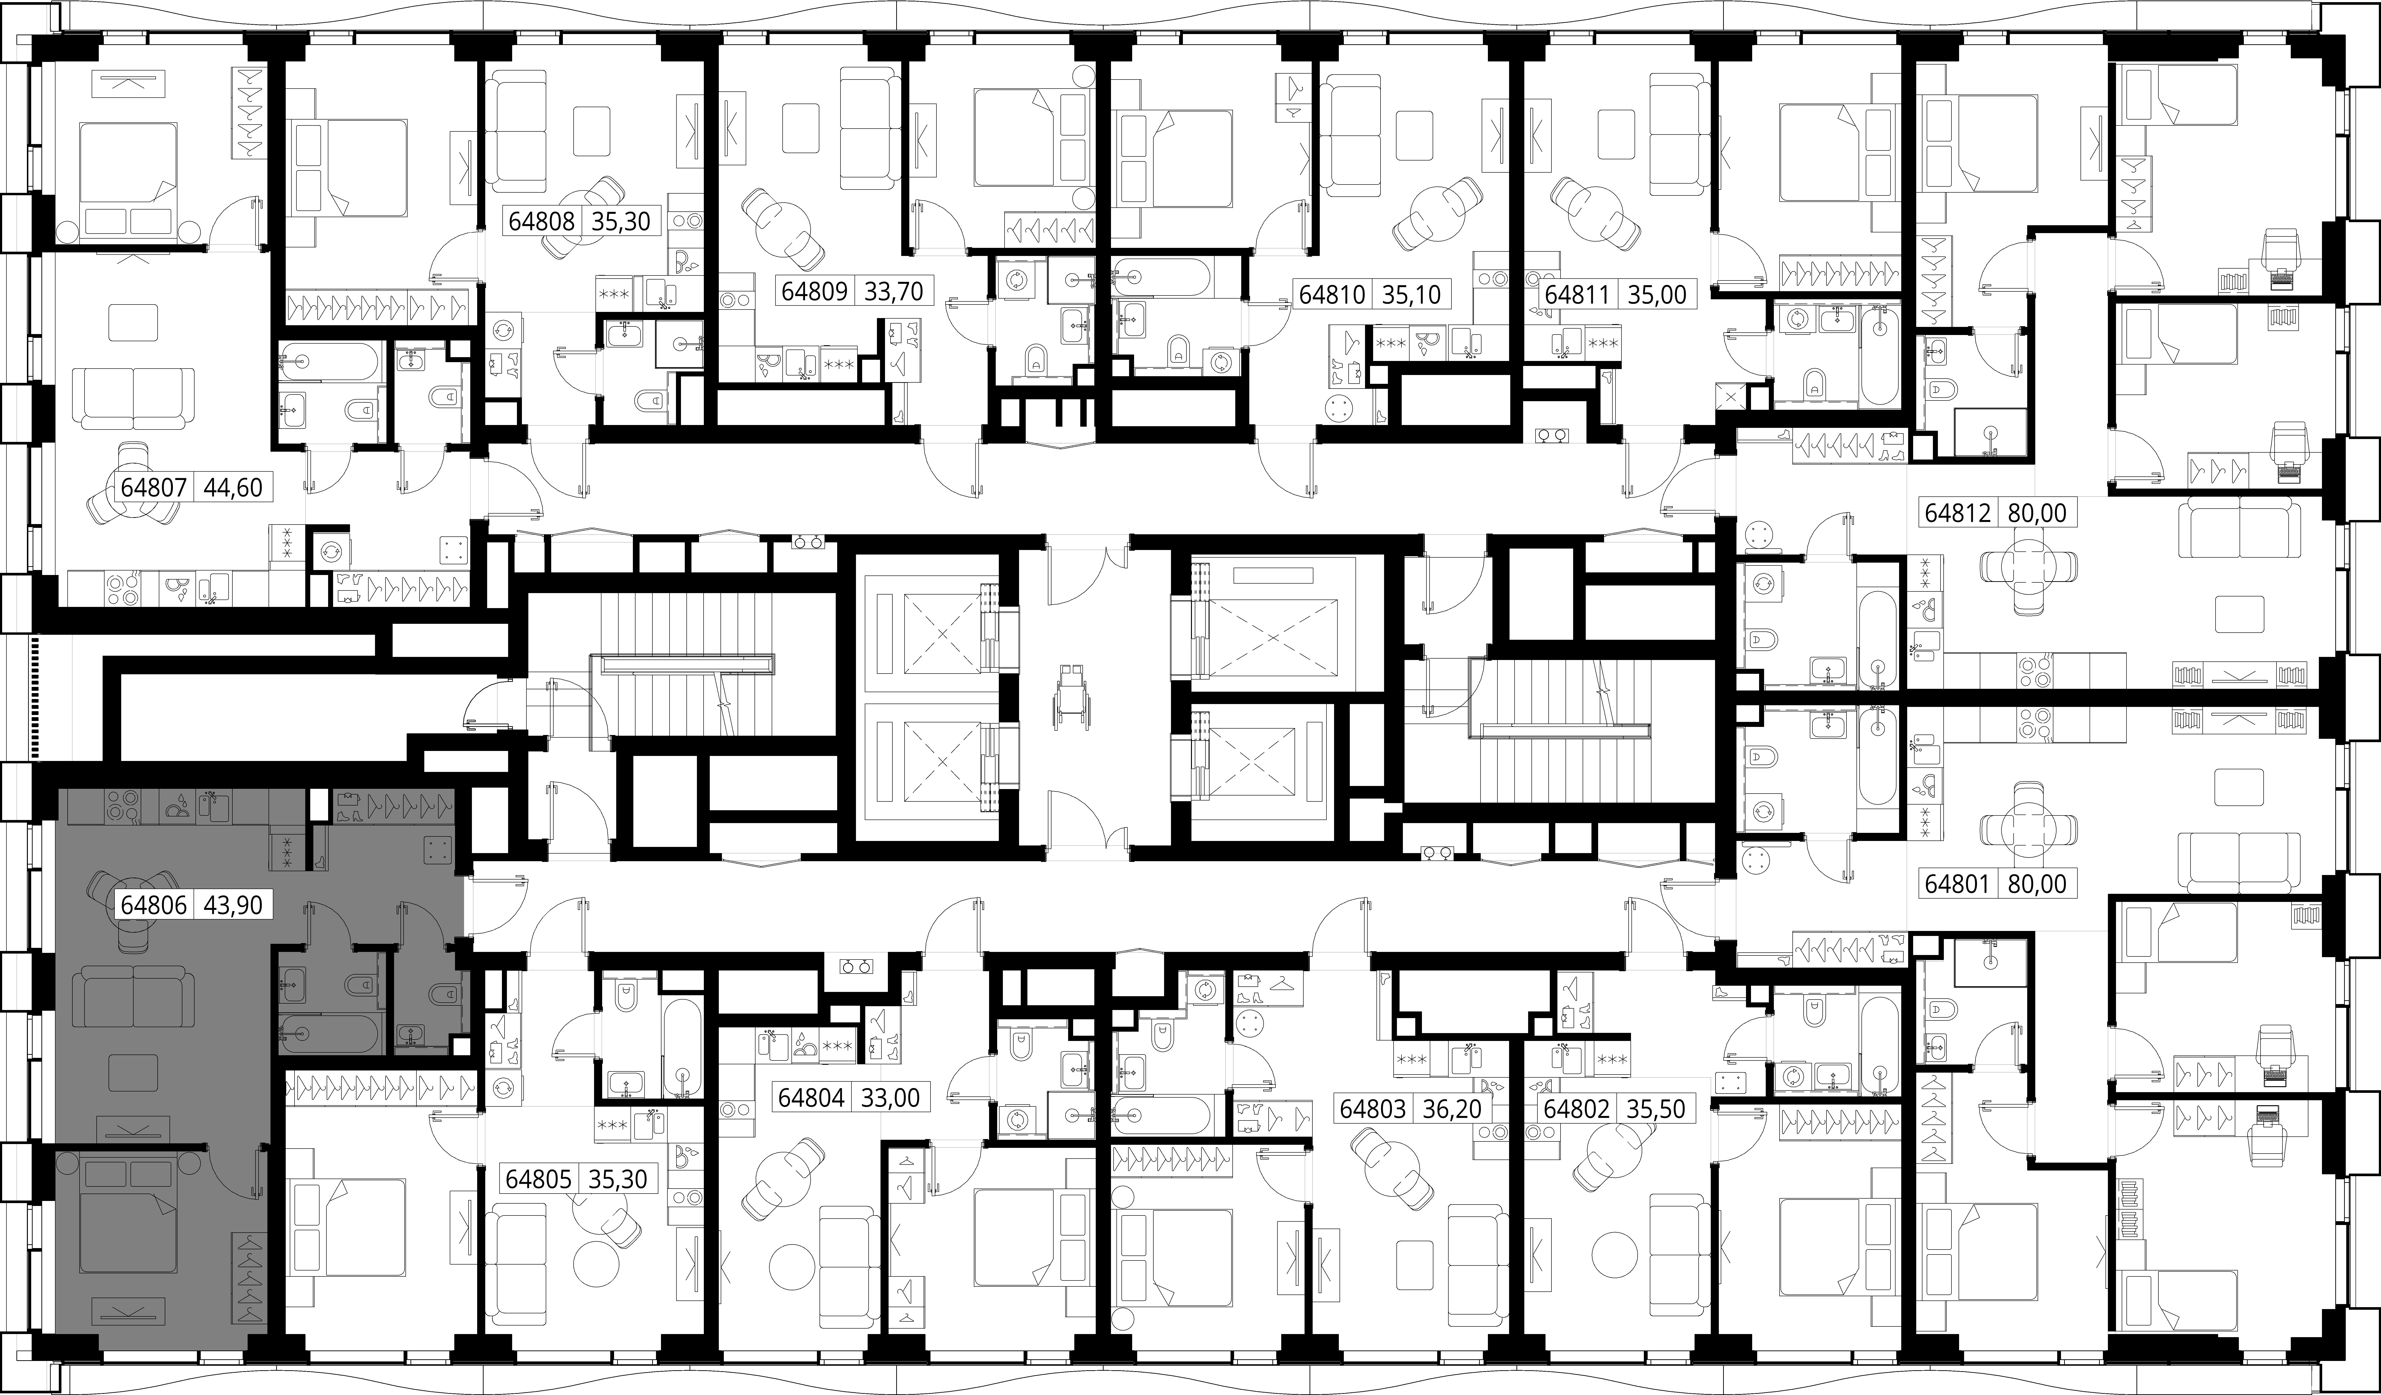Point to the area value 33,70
point(893,290)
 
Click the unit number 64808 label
point(541,221)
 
